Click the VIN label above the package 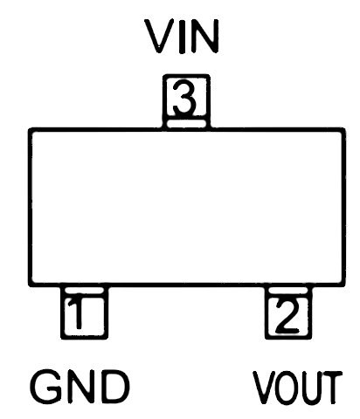(x=182, y=37)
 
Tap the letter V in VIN (x=159, y=37)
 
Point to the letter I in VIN (x=182, y=37)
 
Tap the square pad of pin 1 (x=84, y=318)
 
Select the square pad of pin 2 (x=288, y=318)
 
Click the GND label (x=80, y=386)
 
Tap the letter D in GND (x=115, y=386)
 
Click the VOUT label (x=297, y=388)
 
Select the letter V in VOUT (x=264, y=388)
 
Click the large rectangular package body (x=186, y=207)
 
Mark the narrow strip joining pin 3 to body (x=186, y=124)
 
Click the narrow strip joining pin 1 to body (x=84, y=292)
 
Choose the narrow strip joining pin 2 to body (x=288, y=292)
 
